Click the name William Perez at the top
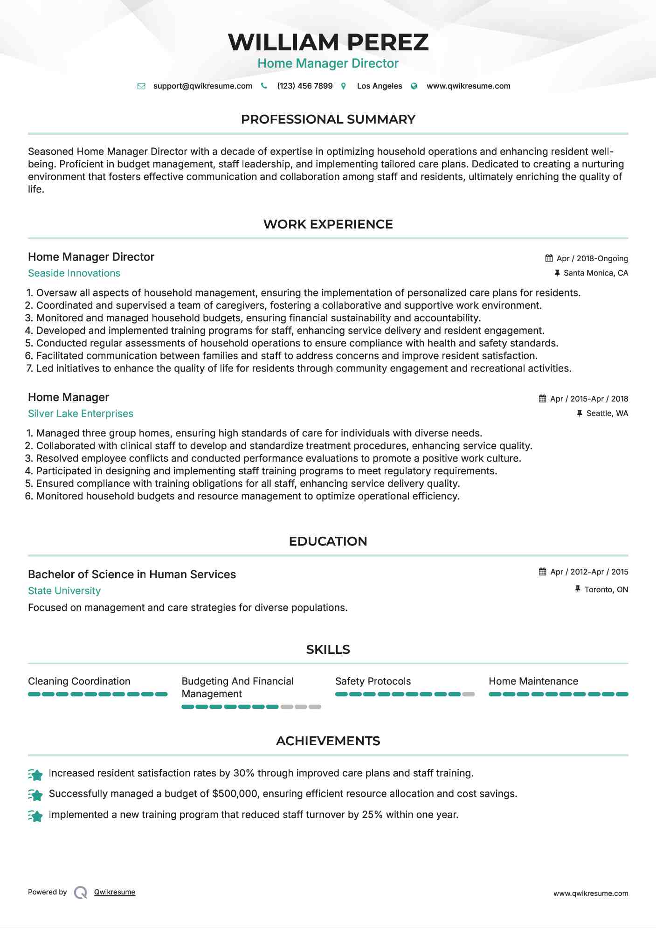[x=328, y=42]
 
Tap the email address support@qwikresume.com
[x=202, y=86]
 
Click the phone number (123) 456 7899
[x=304, y=86]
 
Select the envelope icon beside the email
[x=141, y=86]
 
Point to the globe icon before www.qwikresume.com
[x=414, y=86]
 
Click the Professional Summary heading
[x=328, y=119]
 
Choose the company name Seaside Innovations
[x=74, y=273]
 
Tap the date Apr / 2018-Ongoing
[x=592, y=258]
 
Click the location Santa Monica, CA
[x=595, y=273]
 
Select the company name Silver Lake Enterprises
[x=81, y=414]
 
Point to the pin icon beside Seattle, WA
[x=580, y=413]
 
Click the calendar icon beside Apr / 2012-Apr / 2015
[x=542, y=572]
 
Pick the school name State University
[x=64, y=591]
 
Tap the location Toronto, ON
[x=606, y=589]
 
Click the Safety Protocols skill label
[x=373, y=681]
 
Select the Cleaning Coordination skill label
[x=79, y=681]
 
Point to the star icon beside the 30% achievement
[x=35, y=774]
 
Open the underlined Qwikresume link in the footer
[x=115, y=892]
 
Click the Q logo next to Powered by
[x=81, y=893]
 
